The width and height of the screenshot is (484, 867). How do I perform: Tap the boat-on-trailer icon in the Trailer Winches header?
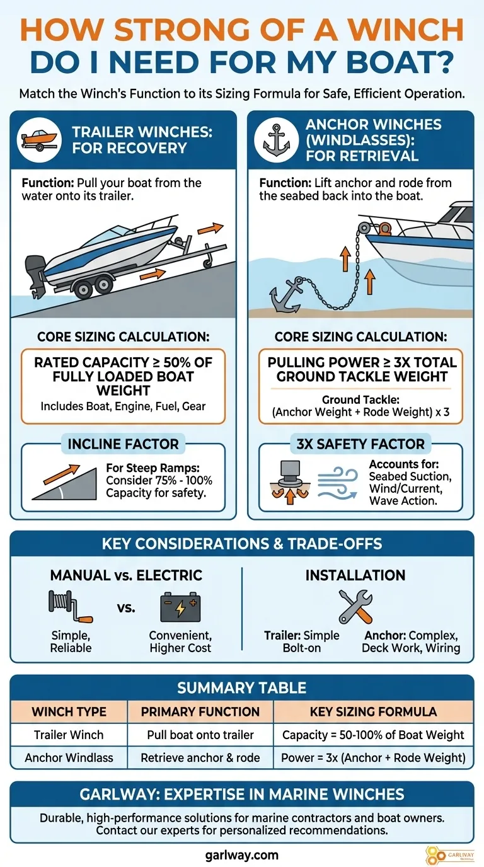[x=39, y=140]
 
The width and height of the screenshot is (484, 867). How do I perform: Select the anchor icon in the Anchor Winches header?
[x=277, y=140]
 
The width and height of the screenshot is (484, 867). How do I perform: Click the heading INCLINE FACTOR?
[x=123, y=444]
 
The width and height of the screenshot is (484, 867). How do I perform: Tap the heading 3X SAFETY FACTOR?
[x=360, y=444]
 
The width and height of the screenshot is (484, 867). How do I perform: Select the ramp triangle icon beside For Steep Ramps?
[x=64, y=482]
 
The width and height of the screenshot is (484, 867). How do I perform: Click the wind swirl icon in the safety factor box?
[x=337, y=482]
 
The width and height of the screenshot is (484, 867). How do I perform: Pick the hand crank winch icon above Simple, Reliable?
[x=71, y=606]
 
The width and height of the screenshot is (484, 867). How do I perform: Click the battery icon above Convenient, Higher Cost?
[x=180, y=607]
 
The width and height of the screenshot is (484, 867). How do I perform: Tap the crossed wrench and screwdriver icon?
[x=355, y=607]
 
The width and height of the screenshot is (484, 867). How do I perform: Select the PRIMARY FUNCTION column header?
[x=200, y=712]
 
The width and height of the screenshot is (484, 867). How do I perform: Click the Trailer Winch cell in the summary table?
[x=69, y=735]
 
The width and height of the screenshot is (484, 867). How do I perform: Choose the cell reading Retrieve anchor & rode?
[x=200, y=757]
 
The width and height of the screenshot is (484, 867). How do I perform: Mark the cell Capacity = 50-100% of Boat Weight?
[x=373, y=735]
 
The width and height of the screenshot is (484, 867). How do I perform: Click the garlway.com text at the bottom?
[x=241, y=855]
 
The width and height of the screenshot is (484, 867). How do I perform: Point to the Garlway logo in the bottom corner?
[x=450, y=855]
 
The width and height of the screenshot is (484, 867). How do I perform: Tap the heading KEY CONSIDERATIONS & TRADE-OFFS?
[x=242, y=544]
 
